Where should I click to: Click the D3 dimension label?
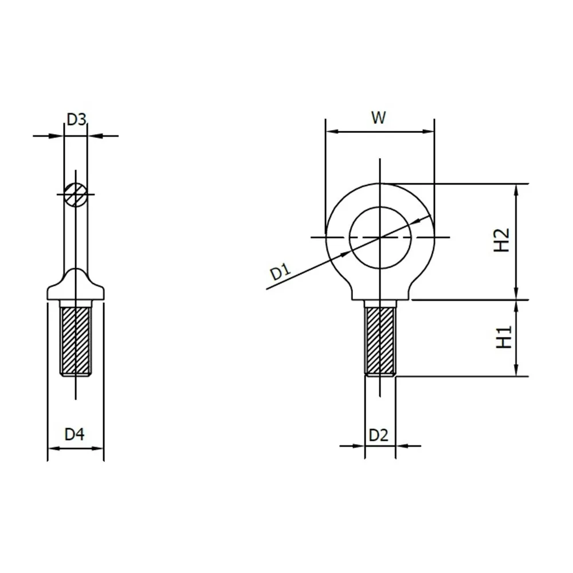[x=76, y=119]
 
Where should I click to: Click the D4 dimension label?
[x=74, y=434]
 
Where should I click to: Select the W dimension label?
[x=378, y=117]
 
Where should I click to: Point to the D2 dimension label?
[x=378, y=435]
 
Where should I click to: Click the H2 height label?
[x=501, y=241]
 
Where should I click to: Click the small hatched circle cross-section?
[x=76, y=194]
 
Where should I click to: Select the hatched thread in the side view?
[x=76, y=339]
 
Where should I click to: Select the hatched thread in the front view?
[x=379, y=339]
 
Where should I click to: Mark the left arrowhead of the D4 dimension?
[x=52, y=448]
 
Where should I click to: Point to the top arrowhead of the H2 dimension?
[x=517, y=189]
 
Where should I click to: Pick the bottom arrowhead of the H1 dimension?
[x=517, y=371]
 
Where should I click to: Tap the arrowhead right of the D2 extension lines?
[x=401, y=445]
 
